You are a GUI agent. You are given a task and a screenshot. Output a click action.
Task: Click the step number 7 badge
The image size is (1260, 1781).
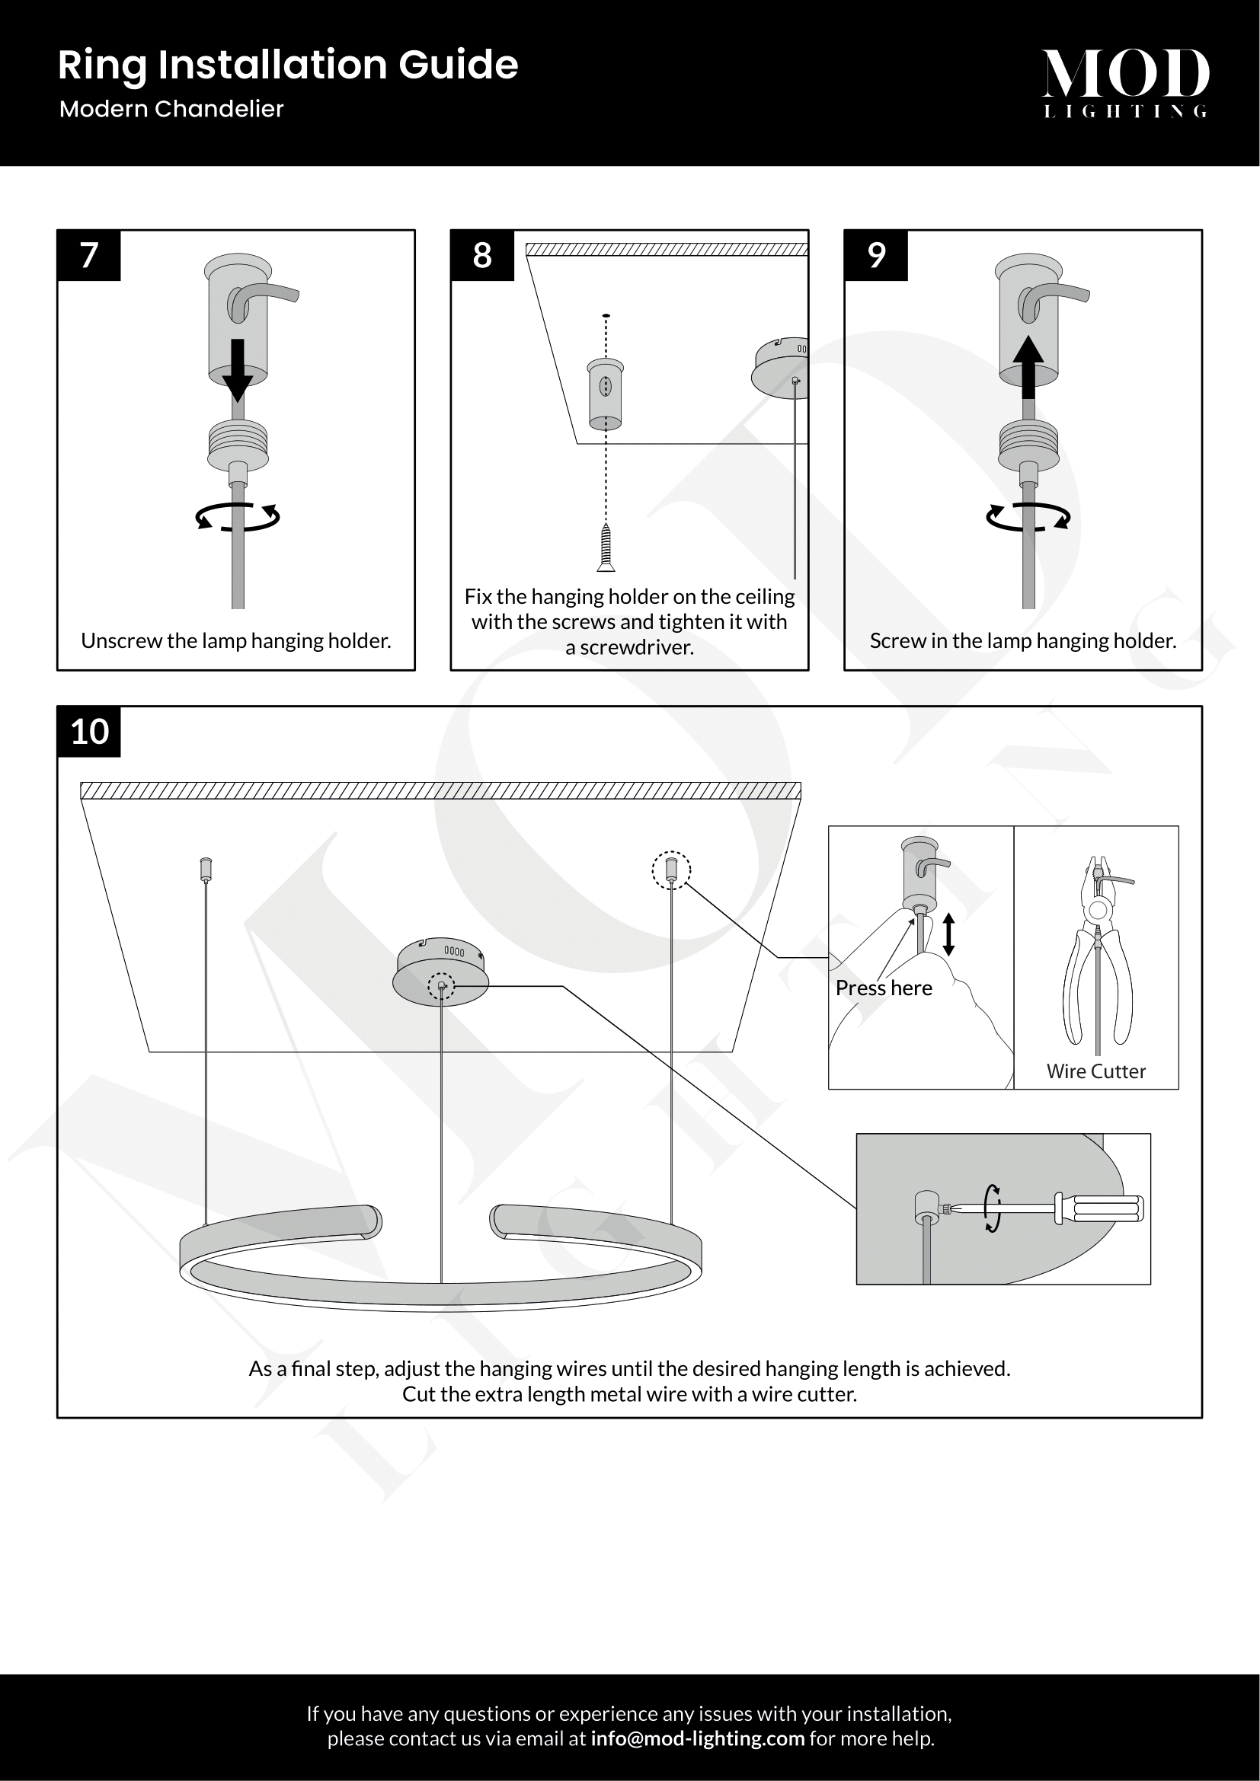(89, 255)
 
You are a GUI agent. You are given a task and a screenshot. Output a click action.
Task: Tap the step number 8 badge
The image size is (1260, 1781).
(481, 255)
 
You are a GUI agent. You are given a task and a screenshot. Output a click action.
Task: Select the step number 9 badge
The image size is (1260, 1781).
(876, 255)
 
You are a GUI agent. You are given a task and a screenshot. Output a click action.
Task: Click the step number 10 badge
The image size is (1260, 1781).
(89, 732)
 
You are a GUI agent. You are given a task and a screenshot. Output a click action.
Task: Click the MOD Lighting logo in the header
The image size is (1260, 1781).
(1125, 82)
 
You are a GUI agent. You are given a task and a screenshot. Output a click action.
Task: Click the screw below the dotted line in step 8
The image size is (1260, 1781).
(606, 547)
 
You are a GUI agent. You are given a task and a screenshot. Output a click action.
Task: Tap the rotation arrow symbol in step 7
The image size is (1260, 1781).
(238, 516)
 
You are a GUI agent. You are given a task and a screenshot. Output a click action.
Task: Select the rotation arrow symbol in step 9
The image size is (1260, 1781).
(1028, 516)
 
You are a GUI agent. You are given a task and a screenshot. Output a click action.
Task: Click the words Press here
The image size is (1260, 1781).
(884, 988)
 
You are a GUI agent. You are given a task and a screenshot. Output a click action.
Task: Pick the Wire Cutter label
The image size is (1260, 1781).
(1095, 1071)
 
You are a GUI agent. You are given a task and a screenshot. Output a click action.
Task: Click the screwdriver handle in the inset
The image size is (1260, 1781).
(1102, 1208)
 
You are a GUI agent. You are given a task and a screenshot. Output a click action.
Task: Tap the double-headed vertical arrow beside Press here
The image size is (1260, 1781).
(948, 934)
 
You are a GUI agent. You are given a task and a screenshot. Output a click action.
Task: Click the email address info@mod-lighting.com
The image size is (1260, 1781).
(697, 1738)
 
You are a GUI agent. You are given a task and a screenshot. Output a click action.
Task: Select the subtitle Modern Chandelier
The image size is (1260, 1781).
(171, 109)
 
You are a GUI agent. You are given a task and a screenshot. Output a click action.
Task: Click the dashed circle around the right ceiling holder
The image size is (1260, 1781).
(671, 870)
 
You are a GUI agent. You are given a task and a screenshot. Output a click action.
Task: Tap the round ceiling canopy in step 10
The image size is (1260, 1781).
(440, 971)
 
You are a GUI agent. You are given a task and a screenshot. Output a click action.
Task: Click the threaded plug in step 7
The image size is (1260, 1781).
(238, 446)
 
